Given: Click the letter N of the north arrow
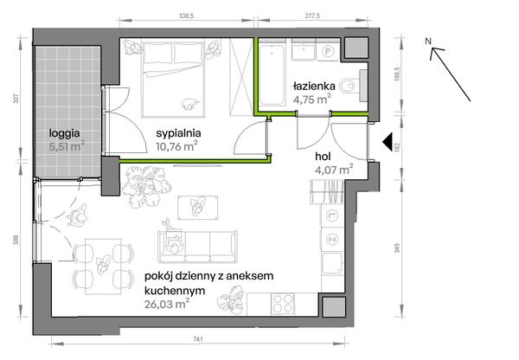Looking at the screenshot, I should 428,41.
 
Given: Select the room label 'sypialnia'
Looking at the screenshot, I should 179,132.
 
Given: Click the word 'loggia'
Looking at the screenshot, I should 65,133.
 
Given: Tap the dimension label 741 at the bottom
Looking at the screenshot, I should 198,338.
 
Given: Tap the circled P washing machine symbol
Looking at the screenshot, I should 327,51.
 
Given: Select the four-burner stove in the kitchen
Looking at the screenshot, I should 281,304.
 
